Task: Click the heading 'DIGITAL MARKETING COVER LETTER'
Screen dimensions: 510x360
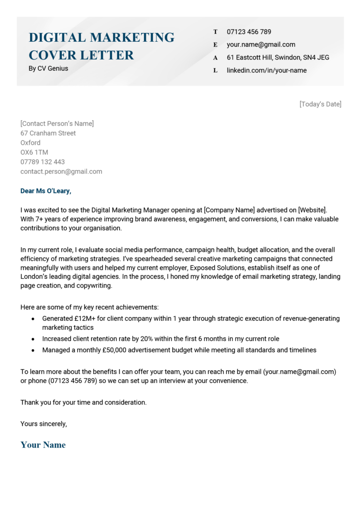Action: pos(101,46)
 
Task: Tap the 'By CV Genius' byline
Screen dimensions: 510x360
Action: pos(48,69)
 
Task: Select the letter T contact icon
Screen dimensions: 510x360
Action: pos(215,32)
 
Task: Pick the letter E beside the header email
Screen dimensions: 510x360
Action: pos(215,45)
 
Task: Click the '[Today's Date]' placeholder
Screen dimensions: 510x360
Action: pos(320,104)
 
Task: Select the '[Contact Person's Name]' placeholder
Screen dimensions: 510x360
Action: pos(57,123)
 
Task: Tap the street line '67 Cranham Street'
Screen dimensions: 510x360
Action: pos(48,133)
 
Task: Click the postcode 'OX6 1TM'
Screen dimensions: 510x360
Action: pos(34,152)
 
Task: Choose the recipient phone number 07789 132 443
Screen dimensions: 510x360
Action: pos(43,162)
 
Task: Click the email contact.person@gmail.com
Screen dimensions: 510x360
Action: pos(61,172)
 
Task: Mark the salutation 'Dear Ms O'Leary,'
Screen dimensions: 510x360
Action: pos(45,191)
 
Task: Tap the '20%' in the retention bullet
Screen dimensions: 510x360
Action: pos(147,339)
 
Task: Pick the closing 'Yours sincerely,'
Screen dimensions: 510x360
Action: pos(44,424)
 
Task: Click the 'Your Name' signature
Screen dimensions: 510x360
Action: pos(43,445)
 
